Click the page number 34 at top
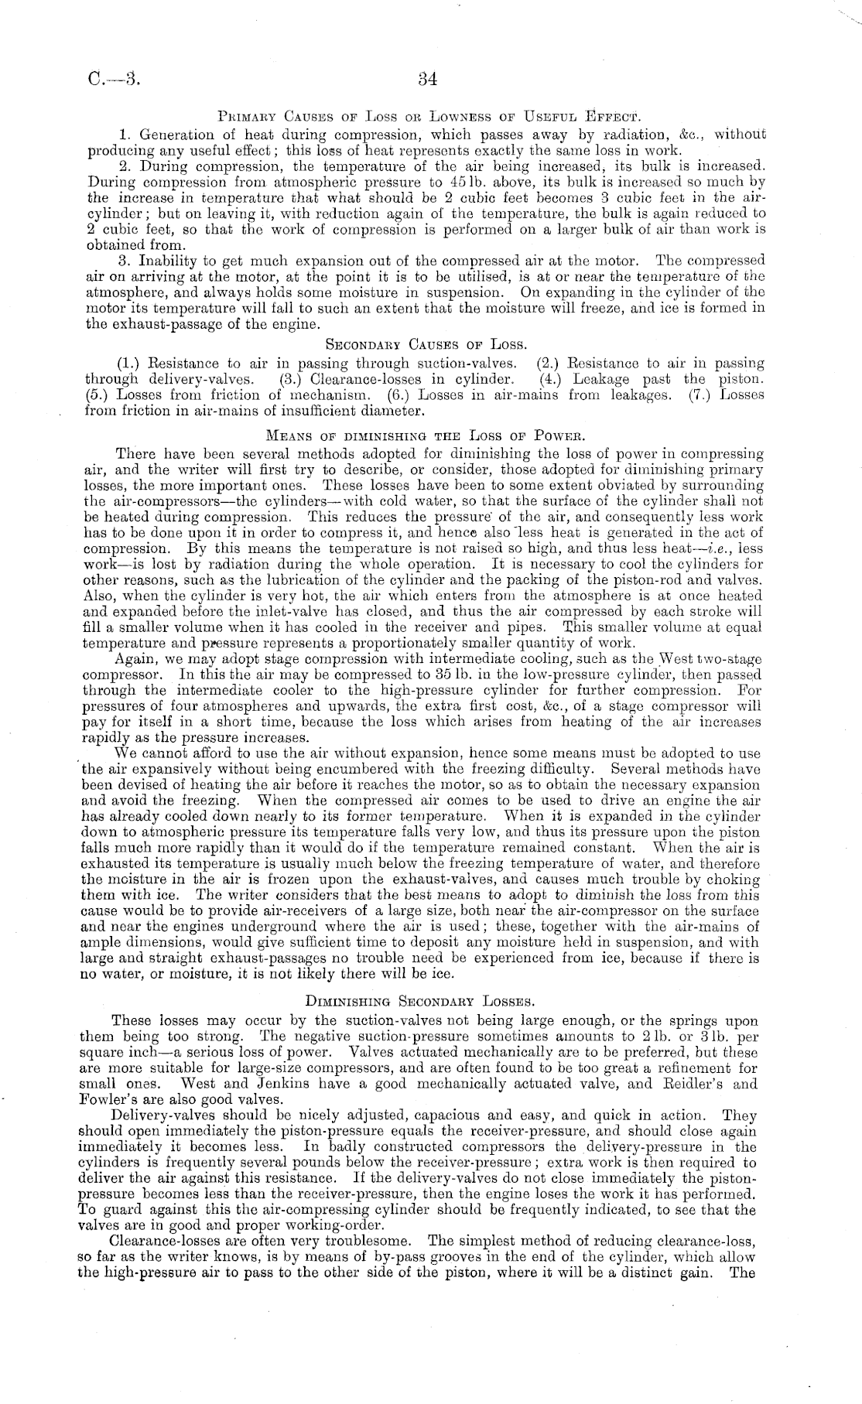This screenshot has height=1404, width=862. tap(428, 79)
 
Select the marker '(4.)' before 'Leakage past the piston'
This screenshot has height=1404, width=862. tap(552, 379)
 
